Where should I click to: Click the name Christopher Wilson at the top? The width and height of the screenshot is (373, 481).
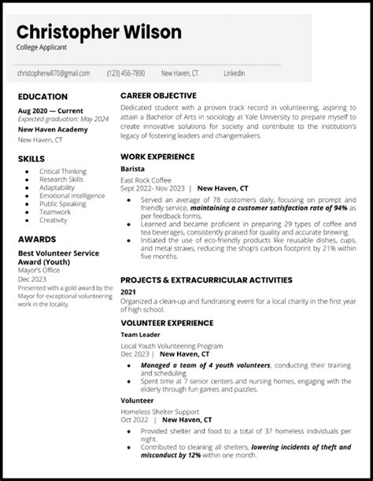click(99, 32)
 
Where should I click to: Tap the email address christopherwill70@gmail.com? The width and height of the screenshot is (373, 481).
click(54, 73)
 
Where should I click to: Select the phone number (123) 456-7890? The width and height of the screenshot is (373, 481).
click(126, 73)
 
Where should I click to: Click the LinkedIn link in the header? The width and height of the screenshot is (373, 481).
click(233, 73)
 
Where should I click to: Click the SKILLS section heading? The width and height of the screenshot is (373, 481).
click(31, 158)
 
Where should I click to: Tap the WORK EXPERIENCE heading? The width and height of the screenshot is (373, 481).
click(158, 156)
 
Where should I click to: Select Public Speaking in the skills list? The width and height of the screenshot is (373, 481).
click(63, 204)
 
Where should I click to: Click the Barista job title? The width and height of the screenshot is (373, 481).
click(131, 168)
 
